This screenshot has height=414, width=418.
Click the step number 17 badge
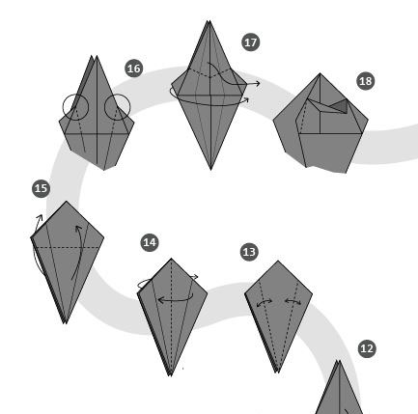[x=250, y=42]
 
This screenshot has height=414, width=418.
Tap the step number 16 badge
[x=134, y=69]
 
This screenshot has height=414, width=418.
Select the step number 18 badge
[x=366, y=81]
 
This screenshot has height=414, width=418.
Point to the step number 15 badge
[x=42, y=188]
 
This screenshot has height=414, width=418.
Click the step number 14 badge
[x=150, y=242]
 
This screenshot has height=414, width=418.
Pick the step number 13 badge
[x=249, y=252]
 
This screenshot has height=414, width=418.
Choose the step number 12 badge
[x=367, y=348]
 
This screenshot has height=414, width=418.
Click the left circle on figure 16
[x=63, y=107]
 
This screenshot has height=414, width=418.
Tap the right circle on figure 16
[x=130, y=107]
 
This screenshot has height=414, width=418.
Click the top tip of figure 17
[x=209, y=21]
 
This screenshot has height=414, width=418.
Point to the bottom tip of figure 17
[x=210, y=170]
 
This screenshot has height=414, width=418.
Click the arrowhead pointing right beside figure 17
[x=257, y=84]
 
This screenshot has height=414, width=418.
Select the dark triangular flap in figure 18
[x=341, y=106]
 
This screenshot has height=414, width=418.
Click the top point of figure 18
[x=320, y=73]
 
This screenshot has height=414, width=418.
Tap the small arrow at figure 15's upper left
[x=38, y=223]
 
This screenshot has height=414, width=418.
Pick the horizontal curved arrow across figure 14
[x=176, y=301]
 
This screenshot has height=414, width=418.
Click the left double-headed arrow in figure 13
[x=265, y=302]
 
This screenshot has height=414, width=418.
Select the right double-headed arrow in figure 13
[x=293, y=301]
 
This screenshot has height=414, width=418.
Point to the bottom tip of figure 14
[x=171, y=375]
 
